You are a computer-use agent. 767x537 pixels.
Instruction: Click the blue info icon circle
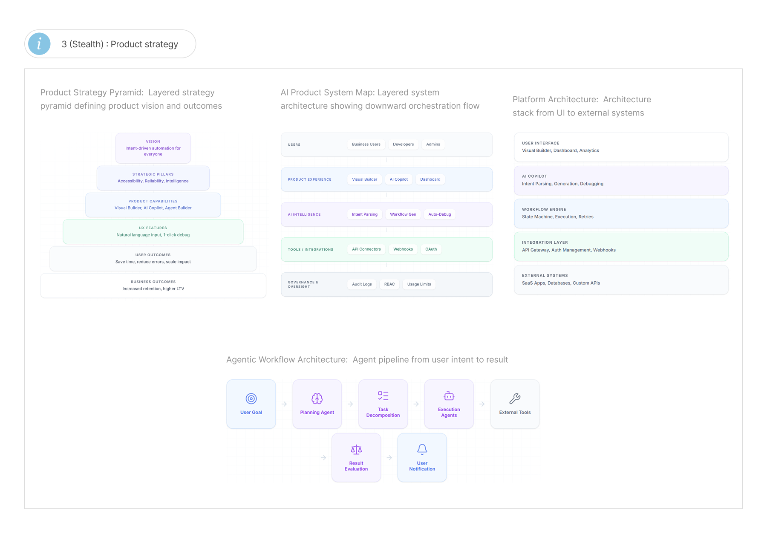click(x=39, y=44)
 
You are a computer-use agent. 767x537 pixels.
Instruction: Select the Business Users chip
click(x=366, y=144)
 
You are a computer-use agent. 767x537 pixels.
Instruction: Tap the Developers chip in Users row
click(x=403, y=144)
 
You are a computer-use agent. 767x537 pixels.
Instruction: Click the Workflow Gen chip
click(x=403, y=214)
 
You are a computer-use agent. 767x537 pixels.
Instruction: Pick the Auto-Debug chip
click(x=440, y=214)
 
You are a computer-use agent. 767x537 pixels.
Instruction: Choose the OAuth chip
click(x=431, y=249)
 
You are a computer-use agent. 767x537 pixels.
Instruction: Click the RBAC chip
click(x=389, y=284)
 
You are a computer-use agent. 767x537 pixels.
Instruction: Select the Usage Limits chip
click(x=419, y=284)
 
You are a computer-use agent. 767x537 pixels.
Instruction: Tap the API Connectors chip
click(x=366, y=249)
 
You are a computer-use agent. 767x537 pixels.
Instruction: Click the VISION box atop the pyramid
click(x=153, y=148)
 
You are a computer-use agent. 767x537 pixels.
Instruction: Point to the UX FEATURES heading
click(x=153, y=228)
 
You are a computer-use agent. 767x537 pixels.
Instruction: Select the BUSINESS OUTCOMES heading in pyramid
click(x=153, y=282)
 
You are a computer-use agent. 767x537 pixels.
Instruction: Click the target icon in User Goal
click(x=251, y=398)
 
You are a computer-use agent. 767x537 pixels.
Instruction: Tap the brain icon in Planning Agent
click(x=317, y=398)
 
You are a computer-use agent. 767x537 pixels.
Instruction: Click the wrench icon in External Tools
click(x=515, y=398)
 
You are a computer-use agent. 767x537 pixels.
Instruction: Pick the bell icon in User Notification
click(x=422, y=449)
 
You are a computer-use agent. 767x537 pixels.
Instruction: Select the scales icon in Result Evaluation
click(x=356, y=449)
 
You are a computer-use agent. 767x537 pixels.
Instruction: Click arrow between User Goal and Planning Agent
click(x=284, y=404)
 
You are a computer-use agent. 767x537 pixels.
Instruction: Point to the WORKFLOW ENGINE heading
click(x=544, y=210)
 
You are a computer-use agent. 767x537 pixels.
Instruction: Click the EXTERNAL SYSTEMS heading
click(x=545, y=276)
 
